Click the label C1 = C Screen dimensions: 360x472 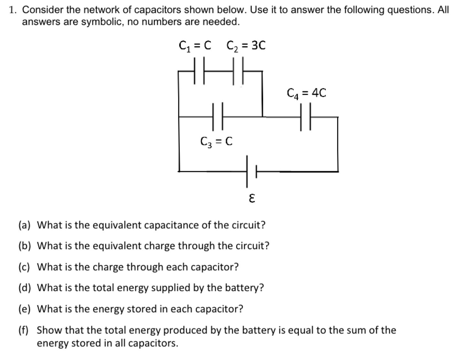(x=195, y=46)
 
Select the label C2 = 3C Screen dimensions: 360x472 (x=246, y=46)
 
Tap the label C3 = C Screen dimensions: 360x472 (x=216, y=141)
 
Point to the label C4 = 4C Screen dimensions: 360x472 (x=306, y=93)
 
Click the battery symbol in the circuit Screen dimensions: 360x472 (x=251, y=171)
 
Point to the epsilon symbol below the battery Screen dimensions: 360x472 (x=252, y=199)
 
